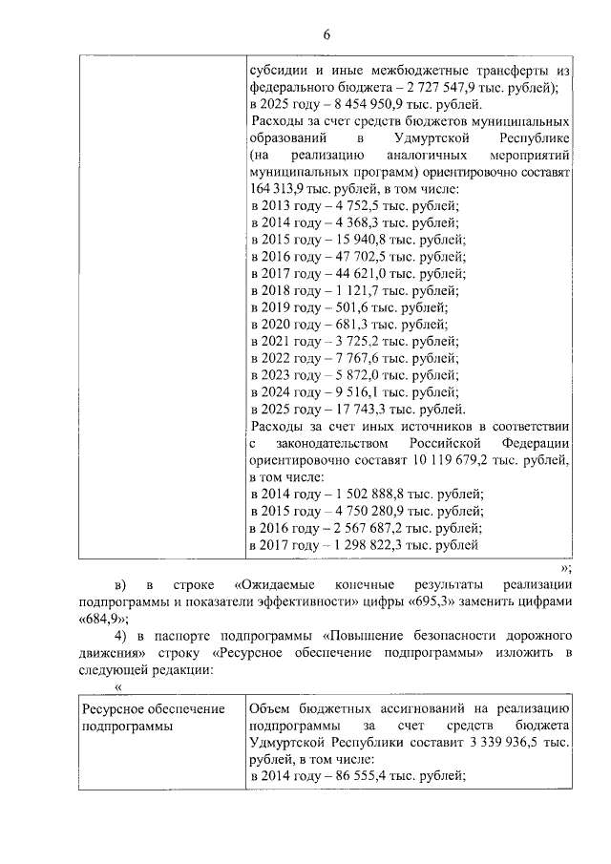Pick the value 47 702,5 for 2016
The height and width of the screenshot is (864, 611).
360,257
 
